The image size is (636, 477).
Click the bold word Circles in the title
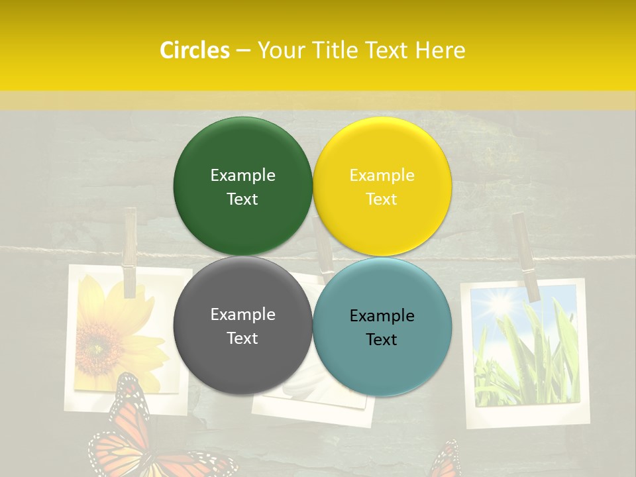coord(195,50)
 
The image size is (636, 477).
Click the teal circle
coord(382,327)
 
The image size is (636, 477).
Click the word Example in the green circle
coord(242,175)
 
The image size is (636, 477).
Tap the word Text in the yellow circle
coord(382,199)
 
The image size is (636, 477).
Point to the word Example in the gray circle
coord(242,314)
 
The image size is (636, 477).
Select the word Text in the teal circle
coord(382,339)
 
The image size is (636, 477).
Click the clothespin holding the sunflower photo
coord(129,252)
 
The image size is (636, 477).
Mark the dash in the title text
coord(243,50)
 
